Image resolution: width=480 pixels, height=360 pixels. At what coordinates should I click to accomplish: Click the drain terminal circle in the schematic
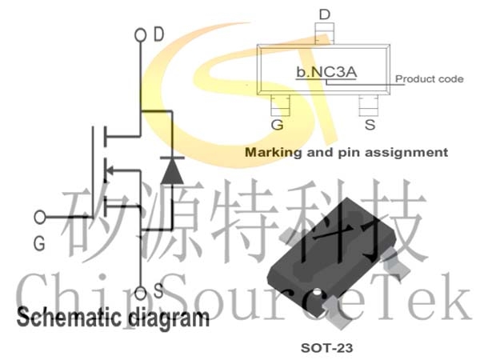141,35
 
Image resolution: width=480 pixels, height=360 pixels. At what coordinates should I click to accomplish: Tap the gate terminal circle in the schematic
40,217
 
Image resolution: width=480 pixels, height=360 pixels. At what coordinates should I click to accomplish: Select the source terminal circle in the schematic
141,293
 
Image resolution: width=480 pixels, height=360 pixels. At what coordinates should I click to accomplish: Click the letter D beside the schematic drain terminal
159,34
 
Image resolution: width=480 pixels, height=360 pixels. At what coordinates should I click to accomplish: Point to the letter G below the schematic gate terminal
39,244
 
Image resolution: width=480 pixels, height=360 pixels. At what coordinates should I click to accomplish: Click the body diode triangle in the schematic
172,171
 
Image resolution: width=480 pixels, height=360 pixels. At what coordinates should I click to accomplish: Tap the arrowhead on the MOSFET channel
109,170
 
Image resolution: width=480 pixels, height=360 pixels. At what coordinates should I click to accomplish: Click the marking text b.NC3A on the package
326,72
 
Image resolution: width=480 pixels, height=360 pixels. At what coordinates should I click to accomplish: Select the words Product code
429,78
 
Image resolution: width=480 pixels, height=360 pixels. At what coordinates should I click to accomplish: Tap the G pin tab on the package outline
281,106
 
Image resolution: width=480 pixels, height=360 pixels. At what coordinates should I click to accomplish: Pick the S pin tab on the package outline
369,106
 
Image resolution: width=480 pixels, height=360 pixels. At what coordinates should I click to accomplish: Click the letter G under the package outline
278,125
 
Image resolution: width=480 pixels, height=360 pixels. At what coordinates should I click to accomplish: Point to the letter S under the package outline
370,125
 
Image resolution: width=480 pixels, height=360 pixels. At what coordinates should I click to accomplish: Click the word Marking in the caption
274,153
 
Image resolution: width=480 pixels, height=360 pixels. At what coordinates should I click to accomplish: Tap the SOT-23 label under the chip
326,348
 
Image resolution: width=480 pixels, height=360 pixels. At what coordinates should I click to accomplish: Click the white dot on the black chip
318,292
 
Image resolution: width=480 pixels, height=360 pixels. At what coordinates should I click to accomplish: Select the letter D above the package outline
325,14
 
